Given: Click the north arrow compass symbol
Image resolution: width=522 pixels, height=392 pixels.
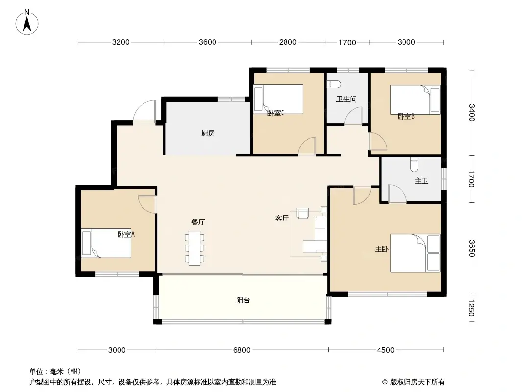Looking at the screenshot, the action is click(27, 22).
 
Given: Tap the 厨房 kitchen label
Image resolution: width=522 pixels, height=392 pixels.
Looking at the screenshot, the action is click(208, 133).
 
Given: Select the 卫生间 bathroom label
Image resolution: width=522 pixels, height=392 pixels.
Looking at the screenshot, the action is click(347, 99).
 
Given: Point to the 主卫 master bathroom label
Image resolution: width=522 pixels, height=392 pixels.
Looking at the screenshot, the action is click(422, 181).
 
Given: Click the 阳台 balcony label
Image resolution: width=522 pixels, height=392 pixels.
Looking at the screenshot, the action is click(243, 300).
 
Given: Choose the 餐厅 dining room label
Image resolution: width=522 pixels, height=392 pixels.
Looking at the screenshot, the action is click(198, 222).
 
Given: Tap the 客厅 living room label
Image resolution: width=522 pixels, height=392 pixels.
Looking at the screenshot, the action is click(282, 218).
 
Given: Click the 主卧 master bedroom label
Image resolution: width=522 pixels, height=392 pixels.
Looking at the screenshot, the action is click(381, 249).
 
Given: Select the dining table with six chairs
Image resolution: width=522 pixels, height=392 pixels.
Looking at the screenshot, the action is click(194, 248).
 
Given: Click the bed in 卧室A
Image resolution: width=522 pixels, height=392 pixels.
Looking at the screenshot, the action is click(106, 243).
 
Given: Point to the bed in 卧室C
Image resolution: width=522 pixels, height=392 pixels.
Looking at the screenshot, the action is click(278, 99).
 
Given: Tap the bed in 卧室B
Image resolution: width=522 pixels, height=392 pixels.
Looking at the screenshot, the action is click(415, 99).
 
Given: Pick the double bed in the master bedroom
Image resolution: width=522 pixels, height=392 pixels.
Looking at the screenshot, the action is click(415, 253).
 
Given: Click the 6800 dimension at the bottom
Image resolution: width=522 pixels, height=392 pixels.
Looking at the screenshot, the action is click(242, 350).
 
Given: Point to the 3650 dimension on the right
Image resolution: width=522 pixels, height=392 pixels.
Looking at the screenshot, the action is click(471, 248).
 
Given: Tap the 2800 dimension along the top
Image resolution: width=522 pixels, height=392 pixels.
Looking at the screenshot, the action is click(287, 42).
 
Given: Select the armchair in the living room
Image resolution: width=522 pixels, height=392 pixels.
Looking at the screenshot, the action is click(303, 213).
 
